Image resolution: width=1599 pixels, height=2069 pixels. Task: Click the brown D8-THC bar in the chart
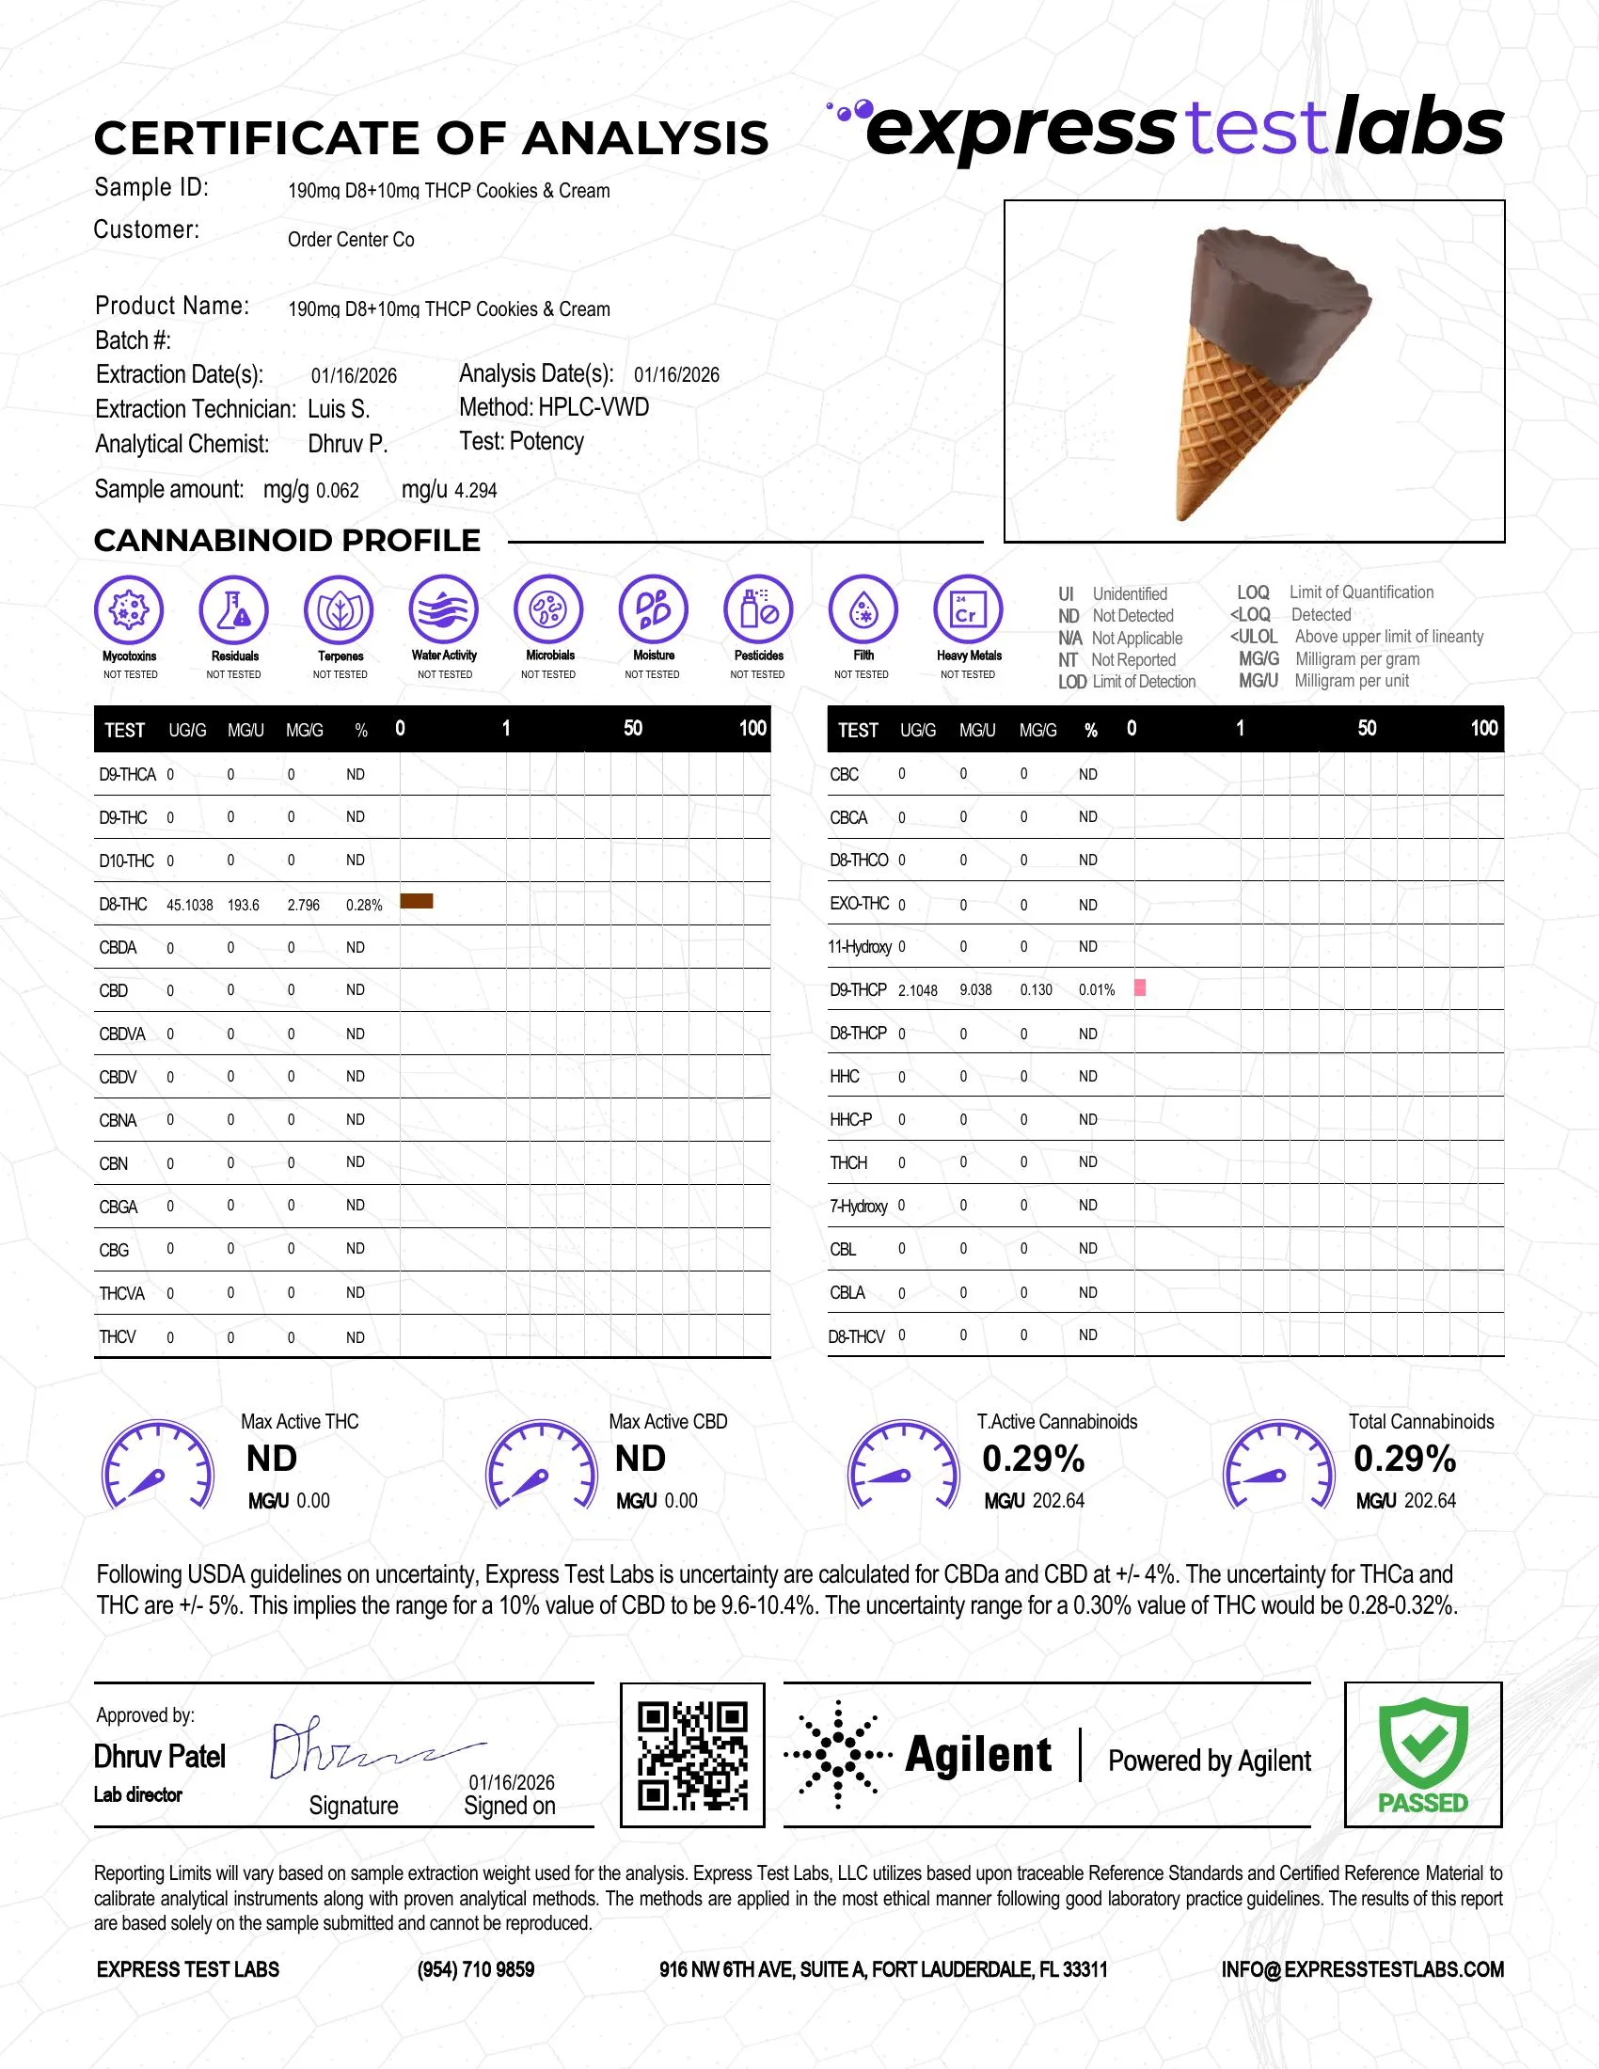coord(416,901)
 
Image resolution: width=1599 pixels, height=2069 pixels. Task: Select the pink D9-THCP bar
coord(1140,988)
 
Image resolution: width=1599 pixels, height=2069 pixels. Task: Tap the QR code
coord(692,1755)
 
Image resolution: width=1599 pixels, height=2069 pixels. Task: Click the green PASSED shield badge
coord(1423,1752)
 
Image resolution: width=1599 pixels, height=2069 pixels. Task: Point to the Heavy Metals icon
coord(967,609)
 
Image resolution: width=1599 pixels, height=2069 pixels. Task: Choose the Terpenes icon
coord(340,609)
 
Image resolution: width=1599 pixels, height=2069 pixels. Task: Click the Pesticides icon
coord(758,609)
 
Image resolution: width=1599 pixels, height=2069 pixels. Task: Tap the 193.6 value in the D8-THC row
coord(244,905)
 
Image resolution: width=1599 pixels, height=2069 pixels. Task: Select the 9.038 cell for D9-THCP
coord(975,990)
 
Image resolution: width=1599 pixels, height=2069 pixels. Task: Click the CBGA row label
coord(119,1207)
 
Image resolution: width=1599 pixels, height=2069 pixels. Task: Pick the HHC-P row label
coord(850,1120)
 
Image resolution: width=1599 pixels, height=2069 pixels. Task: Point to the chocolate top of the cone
coord(1279,284)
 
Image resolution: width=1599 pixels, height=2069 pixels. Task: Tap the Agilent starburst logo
coord(837,1755)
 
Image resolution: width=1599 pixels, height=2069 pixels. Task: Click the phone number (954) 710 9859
coord(476,1969)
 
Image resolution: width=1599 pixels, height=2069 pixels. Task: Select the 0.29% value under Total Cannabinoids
coord(1405,1459)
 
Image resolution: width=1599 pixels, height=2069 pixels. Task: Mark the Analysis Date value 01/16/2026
coord(676,375)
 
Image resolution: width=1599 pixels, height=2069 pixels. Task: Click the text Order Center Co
coord(352,240)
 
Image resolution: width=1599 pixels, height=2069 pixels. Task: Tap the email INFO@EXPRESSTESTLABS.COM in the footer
coord(1362,1969)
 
